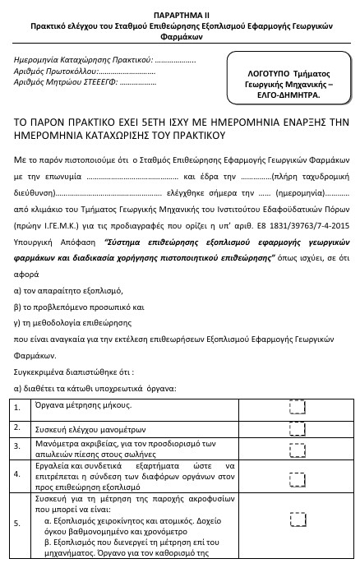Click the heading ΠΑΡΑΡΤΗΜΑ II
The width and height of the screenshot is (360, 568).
point(179,15)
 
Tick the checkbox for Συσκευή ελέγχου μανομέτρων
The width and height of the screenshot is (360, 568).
point(298,428)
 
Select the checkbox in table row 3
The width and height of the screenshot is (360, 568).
point(298,448)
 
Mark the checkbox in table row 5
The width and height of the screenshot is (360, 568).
point(298,519)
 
